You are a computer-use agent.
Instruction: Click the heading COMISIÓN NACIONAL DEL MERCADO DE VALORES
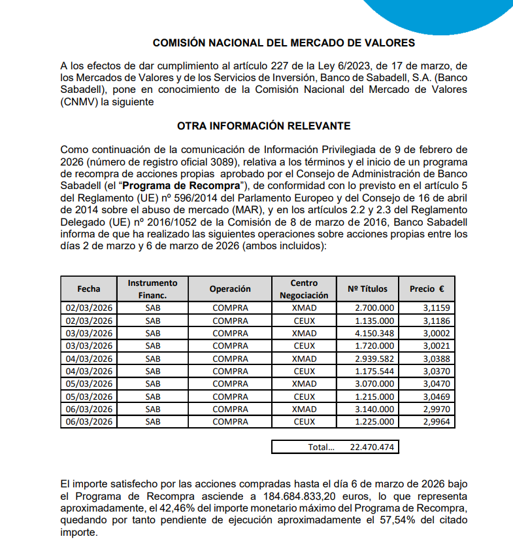tap(284, 43)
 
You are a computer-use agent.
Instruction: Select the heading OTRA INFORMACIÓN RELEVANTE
tap(263, 126)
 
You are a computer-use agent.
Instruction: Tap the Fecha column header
tap(88, 289)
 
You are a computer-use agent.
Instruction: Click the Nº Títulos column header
tap(367, 289)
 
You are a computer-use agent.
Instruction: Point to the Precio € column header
tap(426, 289)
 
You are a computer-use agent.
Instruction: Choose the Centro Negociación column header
tap(305, 289)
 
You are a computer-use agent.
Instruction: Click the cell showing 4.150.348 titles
tap(374, 333)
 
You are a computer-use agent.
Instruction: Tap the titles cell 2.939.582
tap(374, 359)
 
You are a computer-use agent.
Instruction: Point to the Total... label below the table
tap(321, 447)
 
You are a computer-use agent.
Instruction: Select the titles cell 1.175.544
tap(374, 371)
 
